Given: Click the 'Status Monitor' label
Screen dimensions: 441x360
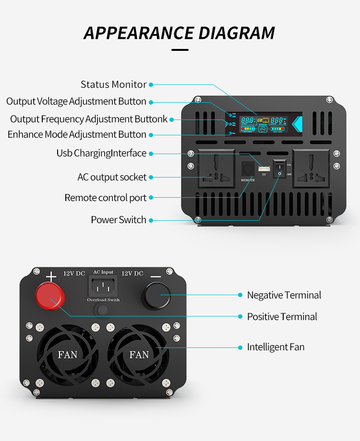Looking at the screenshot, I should (113, 84).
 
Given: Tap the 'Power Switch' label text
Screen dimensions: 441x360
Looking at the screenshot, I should (119, 220).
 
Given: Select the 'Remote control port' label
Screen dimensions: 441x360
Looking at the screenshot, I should (106, 198).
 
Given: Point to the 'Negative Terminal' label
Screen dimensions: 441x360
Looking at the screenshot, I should (284, 295).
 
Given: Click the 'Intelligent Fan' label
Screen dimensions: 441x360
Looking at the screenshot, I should (276, 347).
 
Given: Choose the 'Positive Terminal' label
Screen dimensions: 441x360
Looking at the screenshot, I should (282, 317).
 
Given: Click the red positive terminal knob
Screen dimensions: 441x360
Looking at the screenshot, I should (49, 296).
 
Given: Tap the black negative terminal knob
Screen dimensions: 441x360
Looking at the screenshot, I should (156, 296).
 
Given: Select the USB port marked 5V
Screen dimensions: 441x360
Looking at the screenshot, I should (264, 168).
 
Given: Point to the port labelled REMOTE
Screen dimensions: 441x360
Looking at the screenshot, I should (248, 169).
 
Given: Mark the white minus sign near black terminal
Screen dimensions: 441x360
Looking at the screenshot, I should (156, 277).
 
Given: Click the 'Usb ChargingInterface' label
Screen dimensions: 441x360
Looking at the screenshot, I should (101, 153).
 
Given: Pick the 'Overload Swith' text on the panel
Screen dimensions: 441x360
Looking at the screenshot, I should (103, 300).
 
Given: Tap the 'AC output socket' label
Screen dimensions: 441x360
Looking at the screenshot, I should (112, 177).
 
